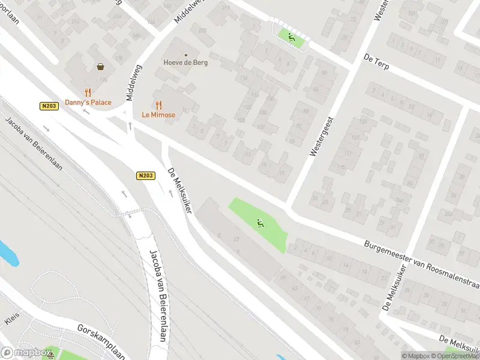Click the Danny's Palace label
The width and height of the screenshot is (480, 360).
(x=88, y=103)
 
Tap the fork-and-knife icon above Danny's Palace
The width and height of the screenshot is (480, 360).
(x=88, y=92)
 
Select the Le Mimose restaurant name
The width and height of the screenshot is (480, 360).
(x=158, y=115)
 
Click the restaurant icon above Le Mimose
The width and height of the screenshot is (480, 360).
(x=158, y=104)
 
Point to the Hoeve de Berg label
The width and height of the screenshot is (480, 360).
(x=185, y=62)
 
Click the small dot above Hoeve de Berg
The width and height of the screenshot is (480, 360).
(x=185, y=55)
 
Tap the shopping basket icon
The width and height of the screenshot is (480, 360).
(x=100, y=67)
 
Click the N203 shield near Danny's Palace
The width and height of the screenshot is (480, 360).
(x=49, y=106)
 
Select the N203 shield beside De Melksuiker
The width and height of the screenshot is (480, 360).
(x=145, y=176)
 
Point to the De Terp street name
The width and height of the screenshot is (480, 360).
(x=377, y=61)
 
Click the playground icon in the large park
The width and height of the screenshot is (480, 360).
(x=260, y=224)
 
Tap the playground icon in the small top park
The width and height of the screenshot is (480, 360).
(x=291, y=37)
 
